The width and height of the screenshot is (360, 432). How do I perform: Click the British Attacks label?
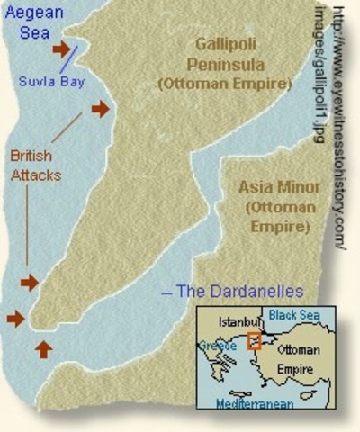pos(35,166)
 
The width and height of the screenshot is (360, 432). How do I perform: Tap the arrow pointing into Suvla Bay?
pos(61,49)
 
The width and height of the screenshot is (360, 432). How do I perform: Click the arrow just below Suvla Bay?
pos(100,109)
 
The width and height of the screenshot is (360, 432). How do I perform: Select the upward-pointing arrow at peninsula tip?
pos(43,348)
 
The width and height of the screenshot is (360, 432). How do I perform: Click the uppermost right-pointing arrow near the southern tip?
pos(30,283)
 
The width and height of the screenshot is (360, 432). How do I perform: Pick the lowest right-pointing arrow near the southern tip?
pos(15,318)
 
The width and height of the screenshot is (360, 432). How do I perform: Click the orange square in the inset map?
pos(255,340)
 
